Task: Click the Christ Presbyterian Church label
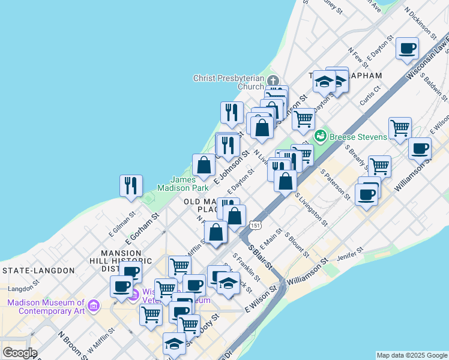tap(229, 82)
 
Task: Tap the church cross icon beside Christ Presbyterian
tap(273, 81)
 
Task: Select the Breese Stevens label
tap(359, 137)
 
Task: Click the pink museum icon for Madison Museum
tap(93, 307)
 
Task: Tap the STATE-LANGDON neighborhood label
tap(38, 271)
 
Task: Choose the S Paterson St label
tap(335, 184)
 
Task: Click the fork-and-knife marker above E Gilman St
tap(130, 185)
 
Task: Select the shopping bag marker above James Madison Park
tap(203, 165)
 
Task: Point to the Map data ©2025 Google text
tap(412, 355)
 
